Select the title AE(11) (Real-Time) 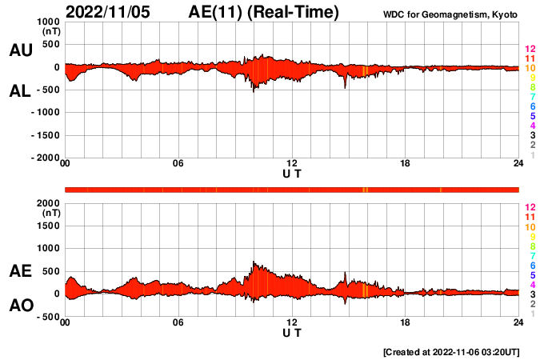pyautogui.click(x=264, y=12)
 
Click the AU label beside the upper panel pyautogui.click(x=21, y=50)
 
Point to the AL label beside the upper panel pyautogui.click(x=21, y=91)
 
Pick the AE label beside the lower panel pyautogui.click(x=21, y=271)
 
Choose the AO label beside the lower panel pyautogui.click(x=21, y=306)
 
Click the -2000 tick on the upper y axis pyautogui.click(x=46, y=158)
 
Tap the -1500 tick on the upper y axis pyautogui.click(x=46, y=135)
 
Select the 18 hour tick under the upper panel pyautogui.click(x=405, y=165)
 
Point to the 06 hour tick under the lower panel pyautogui.click(x=178, y=322)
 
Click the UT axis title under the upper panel pyautogui.click(x=292, y=174)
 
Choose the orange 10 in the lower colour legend pyautogui.click(x=530, y=226)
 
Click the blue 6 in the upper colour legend pyautogui.click(x=531, y=107)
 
